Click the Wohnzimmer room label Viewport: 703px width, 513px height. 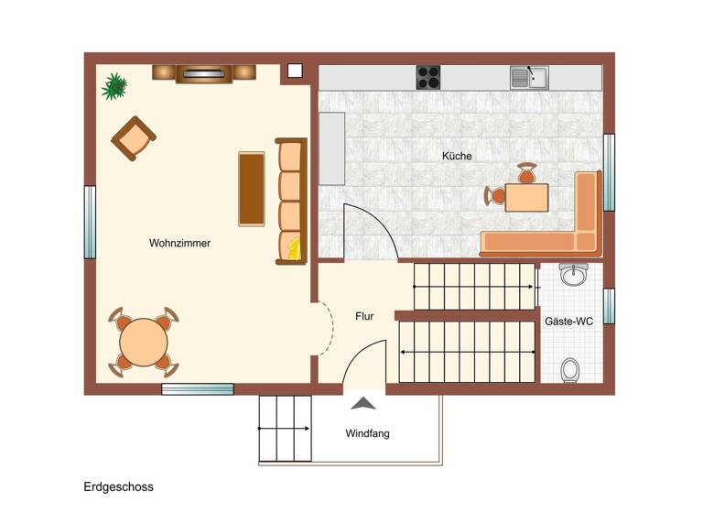click(x=179, y=243)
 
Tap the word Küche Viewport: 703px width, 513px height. click(x=457, y=156)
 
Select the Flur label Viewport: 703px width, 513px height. click(x=364, y=316)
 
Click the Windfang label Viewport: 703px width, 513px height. click(x=367, y=433)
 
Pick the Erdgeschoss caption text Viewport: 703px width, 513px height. click(x=118, y=486)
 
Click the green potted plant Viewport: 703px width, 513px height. click(x=114, y=86)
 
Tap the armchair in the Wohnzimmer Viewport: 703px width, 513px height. click(x=135, y=138)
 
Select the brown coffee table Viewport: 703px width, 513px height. click(x=252, y=189)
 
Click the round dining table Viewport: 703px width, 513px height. click(x=144, y=342)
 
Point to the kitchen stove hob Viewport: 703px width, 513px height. click(x=428, y=77)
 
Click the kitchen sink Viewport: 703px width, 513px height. click(x=529, y=77)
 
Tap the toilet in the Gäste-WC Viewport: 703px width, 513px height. click(x=571, y=370)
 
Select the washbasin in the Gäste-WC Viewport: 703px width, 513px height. click(x=574, y=274)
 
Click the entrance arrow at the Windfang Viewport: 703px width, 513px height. click(x=364, y=402)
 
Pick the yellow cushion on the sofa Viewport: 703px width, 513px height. click(x=293, y=247)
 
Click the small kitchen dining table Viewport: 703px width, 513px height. click(x=526, y=197)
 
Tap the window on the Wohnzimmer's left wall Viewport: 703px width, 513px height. click(x=90, y=223)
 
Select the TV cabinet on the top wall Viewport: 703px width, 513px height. click(x=203, y=73)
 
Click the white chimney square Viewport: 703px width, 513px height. click(x=295, y=70)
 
